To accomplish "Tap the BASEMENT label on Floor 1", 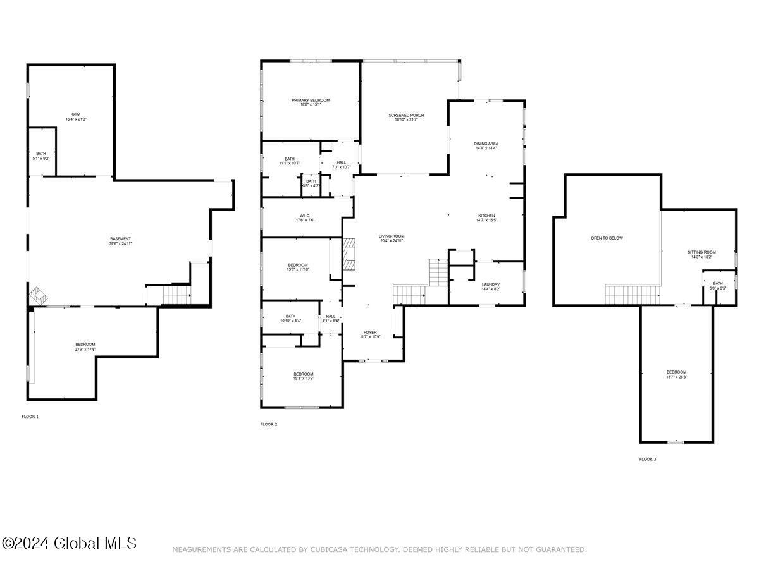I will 120,239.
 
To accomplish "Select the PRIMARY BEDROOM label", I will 311,100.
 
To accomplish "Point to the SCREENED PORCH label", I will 406,115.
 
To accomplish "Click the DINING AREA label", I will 486,144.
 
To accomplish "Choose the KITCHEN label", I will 486,216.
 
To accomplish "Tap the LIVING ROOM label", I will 392,236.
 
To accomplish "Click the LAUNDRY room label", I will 491,284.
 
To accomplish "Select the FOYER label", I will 370,332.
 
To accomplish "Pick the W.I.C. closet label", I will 304,215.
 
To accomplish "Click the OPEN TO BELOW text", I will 607,238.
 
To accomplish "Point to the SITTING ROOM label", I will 701,252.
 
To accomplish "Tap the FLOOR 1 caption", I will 30,417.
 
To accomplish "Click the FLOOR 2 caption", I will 269,424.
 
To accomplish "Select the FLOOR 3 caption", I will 647,459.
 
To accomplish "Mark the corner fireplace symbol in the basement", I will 37,295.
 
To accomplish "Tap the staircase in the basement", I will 177,295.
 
